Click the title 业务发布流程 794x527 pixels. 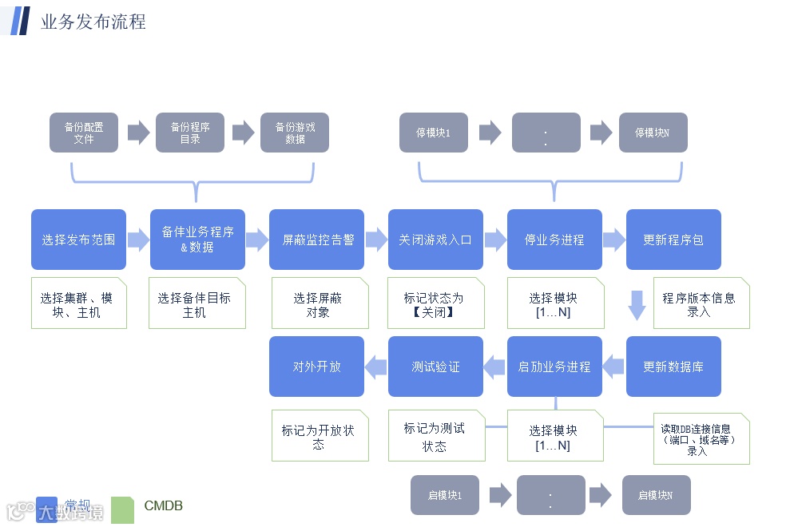(93, 22)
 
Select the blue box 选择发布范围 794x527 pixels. (78, 240)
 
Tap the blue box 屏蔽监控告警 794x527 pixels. (316, 240)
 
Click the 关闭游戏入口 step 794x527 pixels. (435, 240)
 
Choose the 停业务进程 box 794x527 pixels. (554, 240)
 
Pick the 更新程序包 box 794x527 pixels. (673, 240)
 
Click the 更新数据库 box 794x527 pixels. (673, 367)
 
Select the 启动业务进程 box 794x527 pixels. (554, 367)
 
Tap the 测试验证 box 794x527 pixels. (435, 367)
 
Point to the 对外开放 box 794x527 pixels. (316, 367)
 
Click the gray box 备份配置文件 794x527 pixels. (84, 133)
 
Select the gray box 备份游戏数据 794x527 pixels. (295, 133)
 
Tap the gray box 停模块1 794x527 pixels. (433, 133)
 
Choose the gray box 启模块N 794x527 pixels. (655, 495)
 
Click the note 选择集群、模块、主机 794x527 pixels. (78, 303)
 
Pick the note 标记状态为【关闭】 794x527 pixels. (435, 303)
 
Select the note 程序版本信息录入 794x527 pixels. (701, 303)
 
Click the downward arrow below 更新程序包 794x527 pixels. (637, 305)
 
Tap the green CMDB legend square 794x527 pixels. (122, 509)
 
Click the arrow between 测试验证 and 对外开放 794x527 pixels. (375, 367)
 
